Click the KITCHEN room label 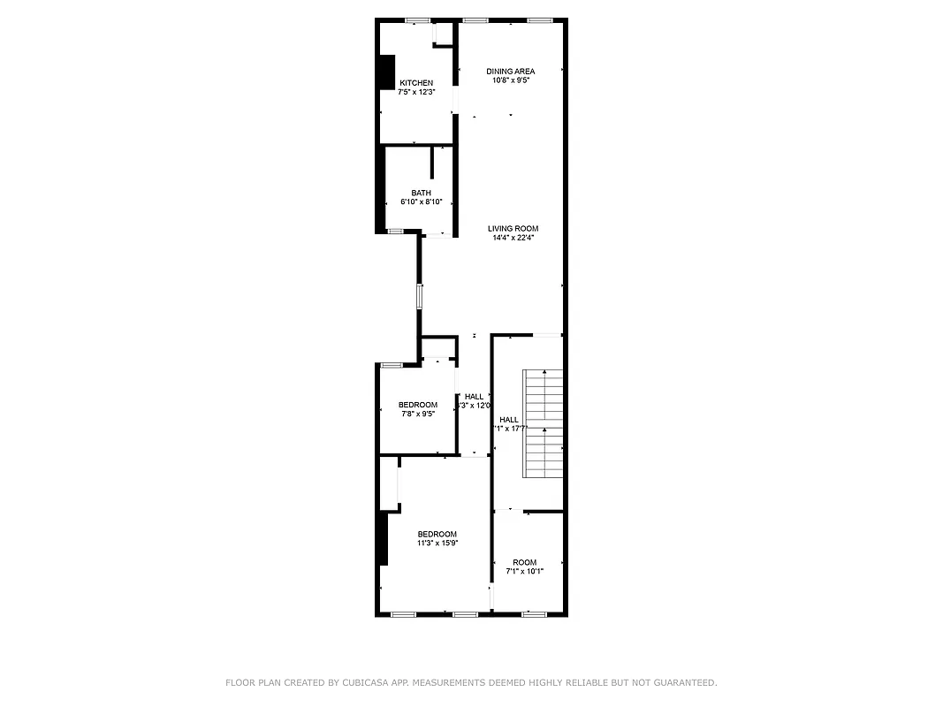(416, 82)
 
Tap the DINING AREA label (511, 71)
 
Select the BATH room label (421, 193)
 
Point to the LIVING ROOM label (513, 228)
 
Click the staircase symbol (544, 424)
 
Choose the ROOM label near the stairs (524, 562)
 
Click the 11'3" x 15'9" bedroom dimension (437, 544)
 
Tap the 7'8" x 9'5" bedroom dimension (417, 414)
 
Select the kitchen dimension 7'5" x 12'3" (416, 91)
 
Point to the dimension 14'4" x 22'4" (513, 237)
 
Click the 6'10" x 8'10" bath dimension (421, 201)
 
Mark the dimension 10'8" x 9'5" (511, 80)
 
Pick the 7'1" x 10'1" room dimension (524, 572)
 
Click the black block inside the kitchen (386, 72)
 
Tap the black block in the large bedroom (383, 538)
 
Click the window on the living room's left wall (420, 295)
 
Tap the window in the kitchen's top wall (418, 20)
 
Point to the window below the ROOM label (533, 613)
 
